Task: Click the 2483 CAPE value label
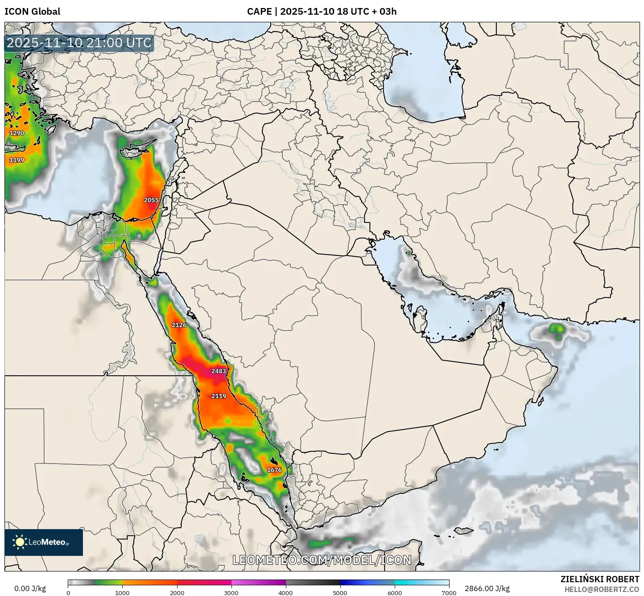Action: pyautogui.click(x=219, y=371)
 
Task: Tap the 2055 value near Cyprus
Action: pyautogui.click(x=151, y=200)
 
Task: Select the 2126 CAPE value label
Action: pyautogui.click(x=179, y=325)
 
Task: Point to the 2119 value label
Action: pyautogui.click(x=219, y=396)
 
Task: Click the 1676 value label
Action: pyautogui.click(x=274, y=470)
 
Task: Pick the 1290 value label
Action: pyautogui.click(x=17, y=133)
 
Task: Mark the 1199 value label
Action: pyautogui.click(x=17, y=160)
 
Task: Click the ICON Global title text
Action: pyautogui.click(x=32, y=12)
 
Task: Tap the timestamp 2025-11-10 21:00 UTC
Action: pyautogui.click(x=79, y=43)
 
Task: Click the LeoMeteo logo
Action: pyautogui.click(x=43, y=542)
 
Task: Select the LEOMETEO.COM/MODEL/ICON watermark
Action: pyautogui.click(x=322, y=560)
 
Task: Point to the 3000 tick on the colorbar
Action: pyautogui.click(x=231, y=592)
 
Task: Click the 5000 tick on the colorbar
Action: pyautogui.click(x=340, y=592)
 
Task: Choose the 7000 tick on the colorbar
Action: pyautogui.click(x=449, y=592)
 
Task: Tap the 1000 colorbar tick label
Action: pyautogui.click(x=122, y=592)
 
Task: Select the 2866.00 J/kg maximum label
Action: pyautogui.click(x=487, y=588)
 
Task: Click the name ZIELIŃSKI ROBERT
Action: pyautogui.click(x=600, y=579)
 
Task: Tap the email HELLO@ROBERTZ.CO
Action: pyautogui.click(x=602, y=589)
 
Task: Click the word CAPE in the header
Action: pyautogui.click(x=259, y=12)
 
